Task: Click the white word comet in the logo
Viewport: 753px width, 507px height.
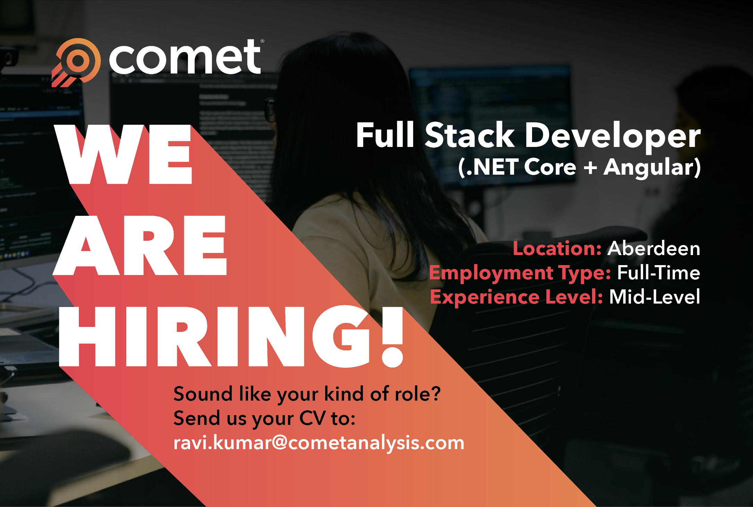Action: pyautogui.click(x=185, y=58)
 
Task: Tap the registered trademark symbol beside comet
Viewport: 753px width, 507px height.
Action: pyautogui.click(x=262, y=41)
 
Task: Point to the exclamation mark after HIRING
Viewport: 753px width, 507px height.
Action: pyautogui.click(x=392, y=336)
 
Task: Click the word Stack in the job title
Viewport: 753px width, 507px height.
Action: pyautogui.click(x=470, y=135)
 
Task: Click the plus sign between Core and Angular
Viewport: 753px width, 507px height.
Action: pyautogui.click(x=590, y=168)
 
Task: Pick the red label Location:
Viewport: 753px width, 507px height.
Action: pyautogui.click(x=557, y=248)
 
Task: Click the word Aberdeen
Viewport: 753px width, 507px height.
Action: pyautogui.click(x=654, y=248)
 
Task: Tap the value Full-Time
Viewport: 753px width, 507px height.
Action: pyautogui.click(x=658, y=273)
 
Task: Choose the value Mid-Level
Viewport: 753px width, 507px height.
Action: pyautogui.click(x=654, y=297)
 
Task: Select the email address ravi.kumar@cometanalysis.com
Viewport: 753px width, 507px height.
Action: pyautogui.click(x=319, y=443)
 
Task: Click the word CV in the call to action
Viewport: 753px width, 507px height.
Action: pyautogui.click(x=313, y=418)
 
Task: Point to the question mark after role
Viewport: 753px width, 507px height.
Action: pyautogui.click(x=435, y=394)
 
